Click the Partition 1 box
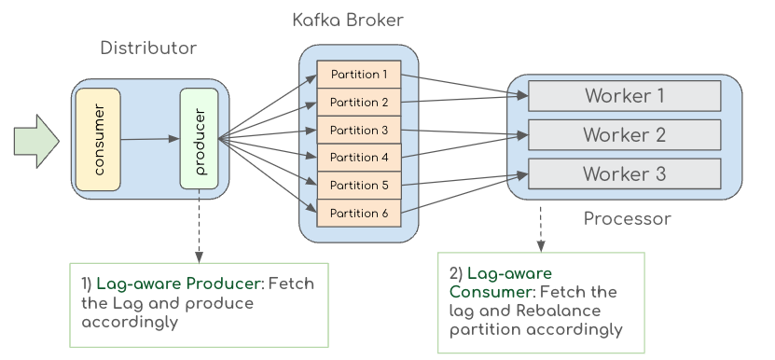click(359, 75)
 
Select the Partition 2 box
click(359, 102)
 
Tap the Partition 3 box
click(359, 130)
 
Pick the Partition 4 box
click(359, 158)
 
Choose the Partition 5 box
click(359, 186)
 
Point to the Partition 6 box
click(359, 214)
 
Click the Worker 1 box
click(625, 96)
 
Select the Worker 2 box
click(625, 134)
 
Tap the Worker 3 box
click(625, 173)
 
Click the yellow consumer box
click(98, 140)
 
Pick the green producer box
click(200, 138)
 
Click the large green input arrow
click(36, 142)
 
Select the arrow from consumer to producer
click(150, 139)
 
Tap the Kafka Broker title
click(348, 21)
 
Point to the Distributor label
click(148, 48)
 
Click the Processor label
click(628, 218)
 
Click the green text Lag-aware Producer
click(178, 284)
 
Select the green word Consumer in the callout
click(490, 292)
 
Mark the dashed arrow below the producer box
click(200, 226)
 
